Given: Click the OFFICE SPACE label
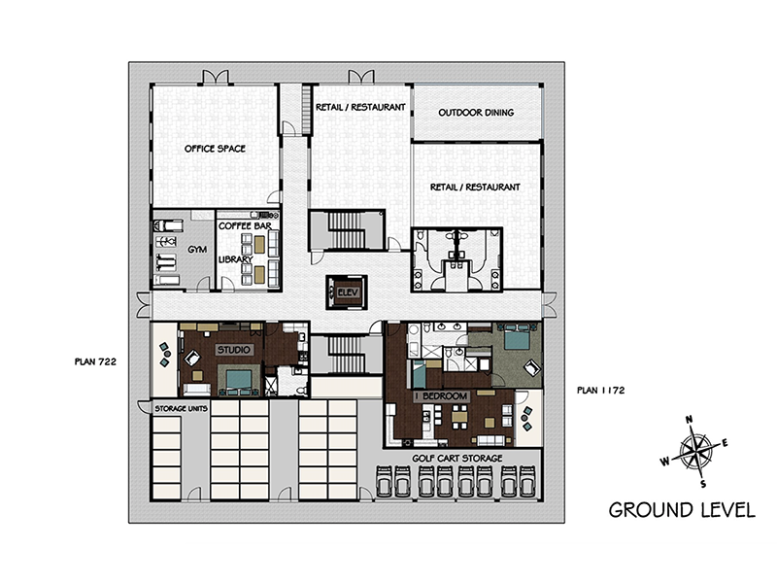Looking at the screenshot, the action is coord(215,149).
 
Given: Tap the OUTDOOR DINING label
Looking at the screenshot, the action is coord(476,113).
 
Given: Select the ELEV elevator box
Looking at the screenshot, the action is coord(347,292).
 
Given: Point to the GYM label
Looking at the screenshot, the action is coord(197,250).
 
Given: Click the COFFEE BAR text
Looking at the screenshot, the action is coord(245,226).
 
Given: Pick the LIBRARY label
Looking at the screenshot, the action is coord(236,259).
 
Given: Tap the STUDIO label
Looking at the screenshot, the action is coord(234,350).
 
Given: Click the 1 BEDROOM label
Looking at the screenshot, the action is coord(442,396).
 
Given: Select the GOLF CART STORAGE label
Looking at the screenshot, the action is coord(456,458).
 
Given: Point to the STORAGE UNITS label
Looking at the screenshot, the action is coord(181,408).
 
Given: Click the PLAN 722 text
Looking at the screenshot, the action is coord(95,361).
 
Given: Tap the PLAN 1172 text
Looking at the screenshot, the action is coord(600,391).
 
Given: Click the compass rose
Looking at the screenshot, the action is coord(694,450).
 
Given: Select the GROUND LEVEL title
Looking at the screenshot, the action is coord(682,510).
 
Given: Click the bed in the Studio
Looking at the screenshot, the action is coord(239,381).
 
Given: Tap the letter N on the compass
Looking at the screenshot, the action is coord(689,420).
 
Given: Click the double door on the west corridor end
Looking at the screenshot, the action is coord(143,305).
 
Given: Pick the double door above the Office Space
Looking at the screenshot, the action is coord(216,77).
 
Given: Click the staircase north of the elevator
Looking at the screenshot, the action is coord(347,229).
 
